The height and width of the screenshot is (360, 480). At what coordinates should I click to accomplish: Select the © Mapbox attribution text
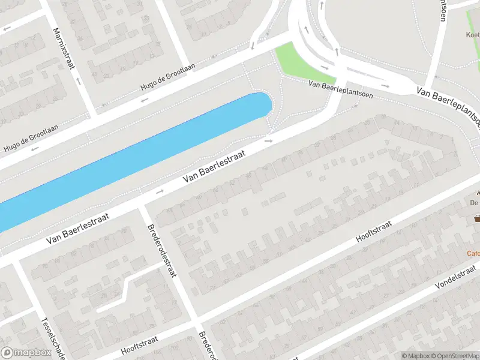416,356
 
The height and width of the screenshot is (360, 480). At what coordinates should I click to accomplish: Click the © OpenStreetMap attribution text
455,356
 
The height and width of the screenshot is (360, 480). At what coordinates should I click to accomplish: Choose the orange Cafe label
473,253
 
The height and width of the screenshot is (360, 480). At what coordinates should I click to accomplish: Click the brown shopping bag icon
478,218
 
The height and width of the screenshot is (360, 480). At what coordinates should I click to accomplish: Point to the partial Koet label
473,35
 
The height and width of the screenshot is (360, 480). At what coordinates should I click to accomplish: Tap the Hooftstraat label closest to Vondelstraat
373,231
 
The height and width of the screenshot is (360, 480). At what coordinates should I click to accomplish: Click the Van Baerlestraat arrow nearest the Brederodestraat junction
160,191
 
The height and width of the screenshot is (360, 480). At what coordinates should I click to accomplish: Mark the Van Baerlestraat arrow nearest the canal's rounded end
268,141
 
